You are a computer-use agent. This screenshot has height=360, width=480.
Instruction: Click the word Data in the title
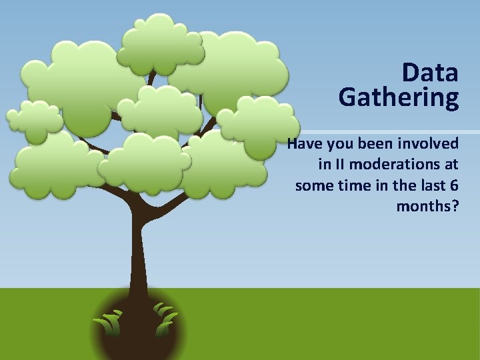coord(430,73)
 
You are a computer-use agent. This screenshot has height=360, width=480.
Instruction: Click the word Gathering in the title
coord(398,98)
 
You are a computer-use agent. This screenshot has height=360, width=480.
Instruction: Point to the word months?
coord(427,206)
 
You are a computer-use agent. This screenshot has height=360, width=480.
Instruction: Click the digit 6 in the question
coord(453,185)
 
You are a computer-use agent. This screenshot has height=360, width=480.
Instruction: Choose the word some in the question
coord(313,185)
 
